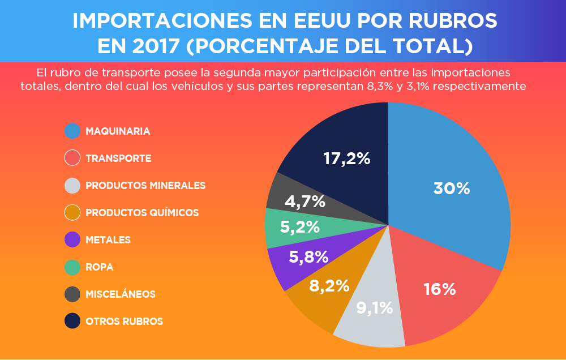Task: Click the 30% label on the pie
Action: point(452,188)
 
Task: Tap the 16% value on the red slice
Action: point(440,289)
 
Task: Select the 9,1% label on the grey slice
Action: point(375,308)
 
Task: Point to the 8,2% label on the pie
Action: point(329,286)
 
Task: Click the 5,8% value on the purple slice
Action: point(308,256)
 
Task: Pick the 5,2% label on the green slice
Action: point(300,227)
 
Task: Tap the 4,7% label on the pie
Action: point(305,201)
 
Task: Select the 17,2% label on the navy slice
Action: point(346,158)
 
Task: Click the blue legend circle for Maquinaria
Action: point(72,131)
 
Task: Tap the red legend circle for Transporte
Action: point(72,158)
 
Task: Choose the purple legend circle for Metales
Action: point(72,239)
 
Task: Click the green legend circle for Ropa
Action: point(72,267)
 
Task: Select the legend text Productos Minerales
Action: point(145,185)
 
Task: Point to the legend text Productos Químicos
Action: point(142,212)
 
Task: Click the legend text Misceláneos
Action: point(120,294)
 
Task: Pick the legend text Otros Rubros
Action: point(124,321)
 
